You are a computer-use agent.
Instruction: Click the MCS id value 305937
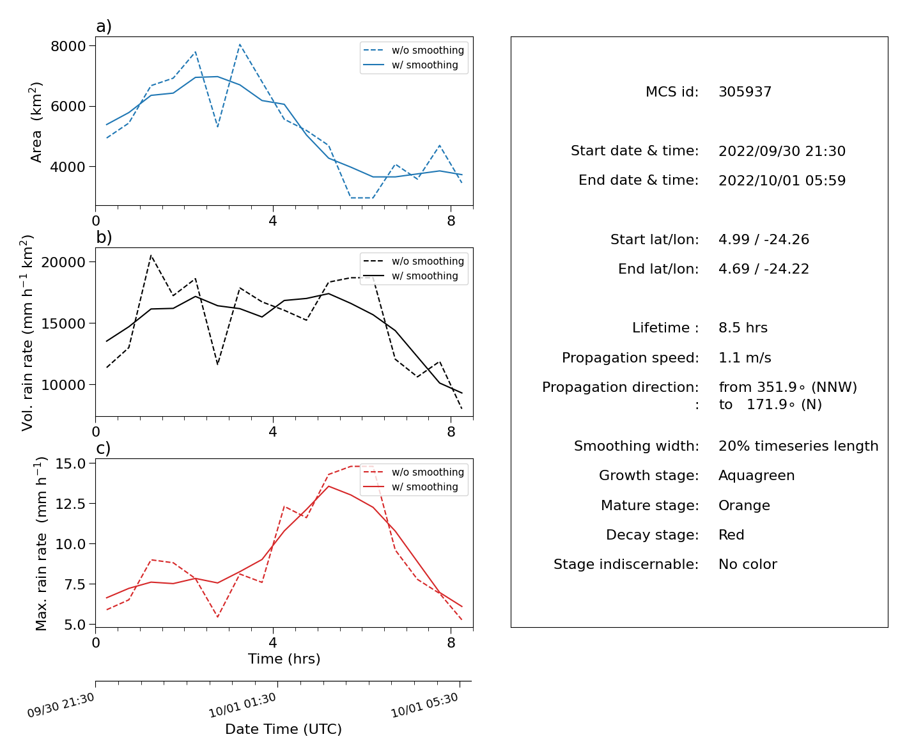click(x=745, y=91)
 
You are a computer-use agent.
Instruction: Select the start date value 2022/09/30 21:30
click(x=782, y=151)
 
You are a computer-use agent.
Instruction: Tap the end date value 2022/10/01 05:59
click(x=782, y=180)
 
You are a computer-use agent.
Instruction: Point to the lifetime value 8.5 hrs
click(x=743, y=327)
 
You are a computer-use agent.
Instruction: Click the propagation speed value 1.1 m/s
click(x=745, y=357)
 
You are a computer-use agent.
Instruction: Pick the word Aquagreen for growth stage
click(x=756, y=475)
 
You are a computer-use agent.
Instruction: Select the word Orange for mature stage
click(x=744, y=505)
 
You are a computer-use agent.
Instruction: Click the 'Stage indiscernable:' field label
click(x=626, y=564)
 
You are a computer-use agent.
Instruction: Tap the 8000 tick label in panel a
click(x=68, y=46)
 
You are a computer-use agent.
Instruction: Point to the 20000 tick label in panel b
click(x=63, y=262)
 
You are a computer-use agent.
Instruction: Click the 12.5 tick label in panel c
click(x=70, y=504)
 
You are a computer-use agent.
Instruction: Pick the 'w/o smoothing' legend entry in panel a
click(x=414, y=50)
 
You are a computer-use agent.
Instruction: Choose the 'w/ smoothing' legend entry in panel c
click(x=410, y=486)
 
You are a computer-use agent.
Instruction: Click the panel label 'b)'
click(x=104, y=237)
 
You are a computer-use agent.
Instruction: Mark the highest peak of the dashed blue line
click(x=240, y=44)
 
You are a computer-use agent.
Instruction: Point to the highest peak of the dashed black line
click(x=151, y=256)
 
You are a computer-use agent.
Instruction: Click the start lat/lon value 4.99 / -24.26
click(x=764, y=239)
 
